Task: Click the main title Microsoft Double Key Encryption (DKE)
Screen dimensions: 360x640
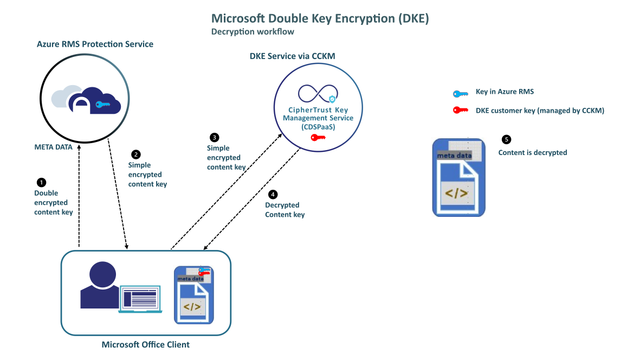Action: (x=320, y=19)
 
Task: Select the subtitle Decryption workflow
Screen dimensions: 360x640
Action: (x=253, y=32)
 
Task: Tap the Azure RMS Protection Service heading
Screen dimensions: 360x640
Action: (x=95, y=44)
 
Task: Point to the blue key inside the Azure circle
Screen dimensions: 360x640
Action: (x=103, y=105)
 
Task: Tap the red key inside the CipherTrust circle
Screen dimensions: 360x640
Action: (x=317, y=138)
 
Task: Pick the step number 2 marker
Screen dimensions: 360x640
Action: (x=136, y=154)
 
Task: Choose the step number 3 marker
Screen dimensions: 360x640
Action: (x=215, y=137)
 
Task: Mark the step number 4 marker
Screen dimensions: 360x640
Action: (x=273, y=194)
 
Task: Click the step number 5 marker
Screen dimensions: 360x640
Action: (x=507, y=139)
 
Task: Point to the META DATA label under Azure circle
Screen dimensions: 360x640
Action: (x=53, y=146)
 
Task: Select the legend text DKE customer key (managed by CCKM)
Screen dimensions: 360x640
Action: (x=540, y=111)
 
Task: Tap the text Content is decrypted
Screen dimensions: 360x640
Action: (x=533, y=153)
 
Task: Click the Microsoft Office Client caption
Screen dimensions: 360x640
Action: (x=146, y=345)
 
